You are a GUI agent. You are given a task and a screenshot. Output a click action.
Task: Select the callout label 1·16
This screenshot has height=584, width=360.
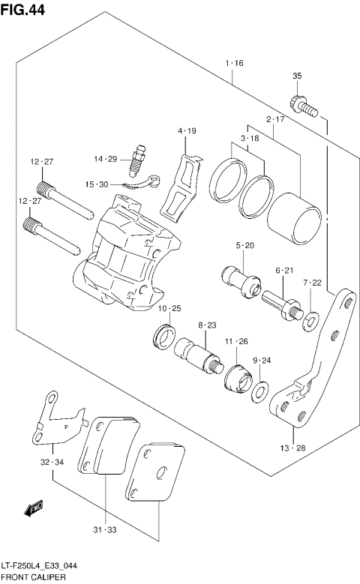coord(234,64)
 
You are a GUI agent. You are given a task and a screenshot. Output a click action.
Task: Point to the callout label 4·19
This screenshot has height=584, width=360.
coord(187,131)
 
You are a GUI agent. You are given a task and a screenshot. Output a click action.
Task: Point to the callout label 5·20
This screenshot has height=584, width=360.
coord(244,246)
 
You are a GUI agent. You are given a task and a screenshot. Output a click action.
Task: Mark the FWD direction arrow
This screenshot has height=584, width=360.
coord(32,511)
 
